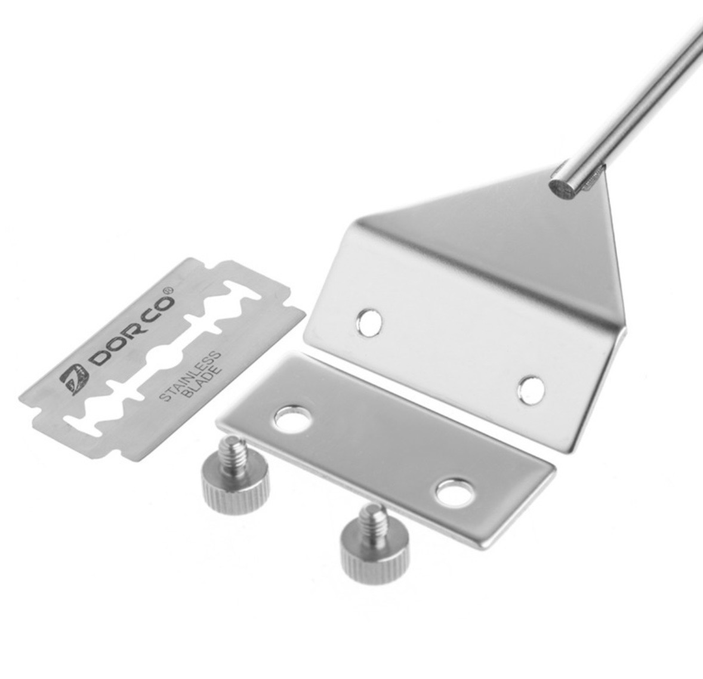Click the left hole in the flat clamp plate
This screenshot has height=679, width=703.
coord(293,420)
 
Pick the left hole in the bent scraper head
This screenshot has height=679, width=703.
coord(369,321)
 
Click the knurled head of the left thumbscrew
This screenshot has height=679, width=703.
coord(235,484)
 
